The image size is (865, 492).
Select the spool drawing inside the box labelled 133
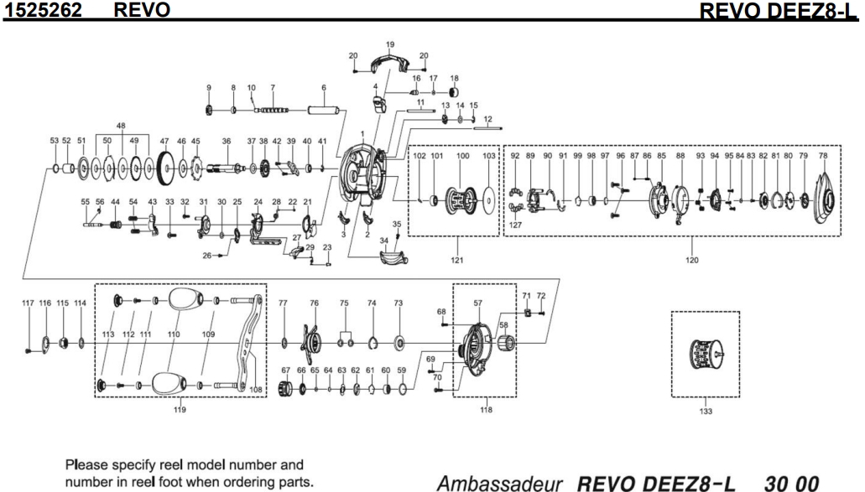click(x=705, y=355)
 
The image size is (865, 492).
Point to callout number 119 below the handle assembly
click(x=180, y=410)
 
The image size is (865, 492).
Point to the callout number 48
click(x=121, y=126)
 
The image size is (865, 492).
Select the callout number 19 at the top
click(x=389, y=44)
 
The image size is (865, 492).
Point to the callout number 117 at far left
click(x=29, y=303)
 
